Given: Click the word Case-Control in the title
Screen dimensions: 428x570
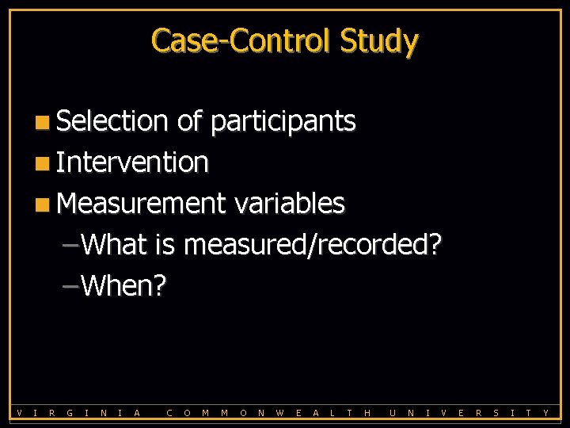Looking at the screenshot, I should tap(241, 40).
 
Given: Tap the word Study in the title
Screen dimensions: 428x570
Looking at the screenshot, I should tap(378, 40).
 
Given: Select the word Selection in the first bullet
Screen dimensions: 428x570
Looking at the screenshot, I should tap(112, 121).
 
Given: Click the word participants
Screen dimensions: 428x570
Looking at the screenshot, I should tap(283, 122).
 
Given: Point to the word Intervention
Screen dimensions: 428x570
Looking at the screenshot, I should tap(133, 162).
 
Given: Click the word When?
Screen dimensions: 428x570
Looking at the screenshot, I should tap(123, 285).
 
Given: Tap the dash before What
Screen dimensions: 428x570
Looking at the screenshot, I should tap(70, 245).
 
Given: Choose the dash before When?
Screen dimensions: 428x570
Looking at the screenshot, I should tap(70, 286).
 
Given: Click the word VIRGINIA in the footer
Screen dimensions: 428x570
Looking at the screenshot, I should tap(78, 412).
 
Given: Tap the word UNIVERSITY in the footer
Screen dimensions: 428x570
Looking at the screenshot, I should tap(469, 412).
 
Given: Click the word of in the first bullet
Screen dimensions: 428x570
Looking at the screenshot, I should tap(189, 121).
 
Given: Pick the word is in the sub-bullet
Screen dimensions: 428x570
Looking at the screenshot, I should tap(165, 245).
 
